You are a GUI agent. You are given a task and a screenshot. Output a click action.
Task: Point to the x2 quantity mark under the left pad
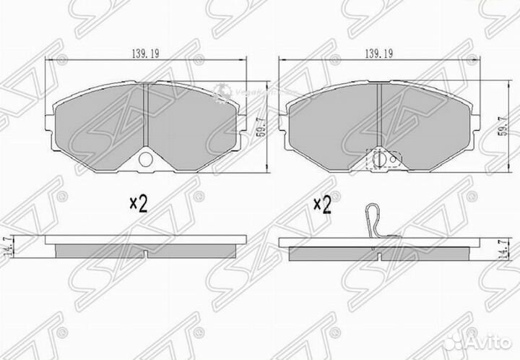[x=138, y=205]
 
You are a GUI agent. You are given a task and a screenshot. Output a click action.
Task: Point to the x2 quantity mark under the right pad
[x=322, y=205]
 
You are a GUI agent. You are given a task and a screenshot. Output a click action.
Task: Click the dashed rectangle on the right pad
[x=378, y=160]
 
